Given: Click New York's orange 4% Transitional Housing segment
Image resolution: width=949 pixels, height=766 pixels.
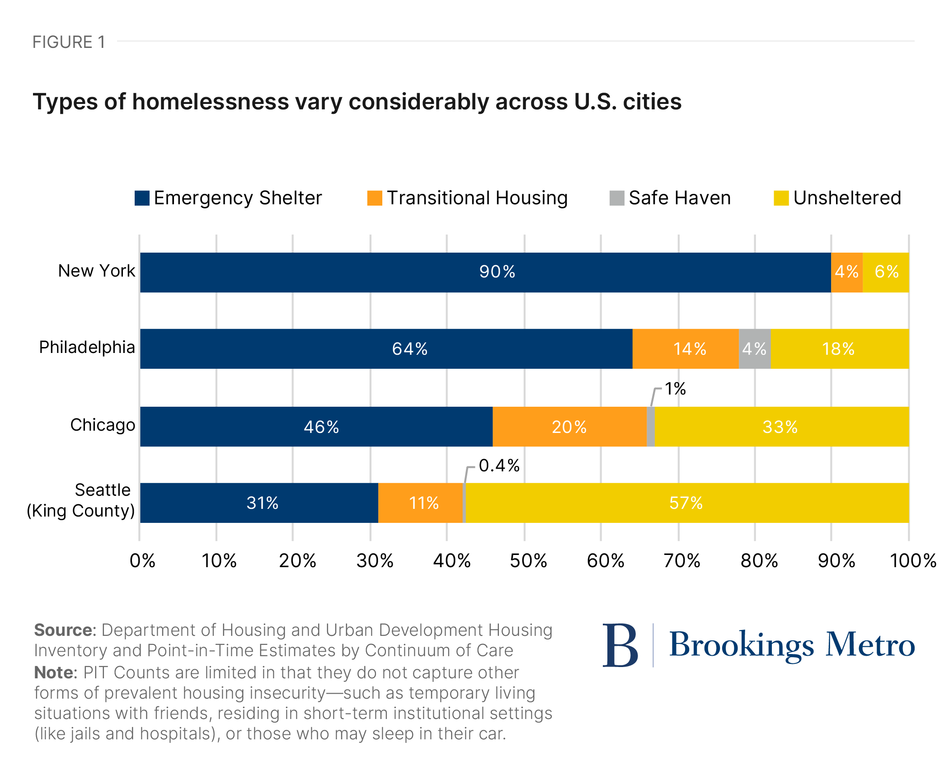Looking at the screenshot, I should point(846,272).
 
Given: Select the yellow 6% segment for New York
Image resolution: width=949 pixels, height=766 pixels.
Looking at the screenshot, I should point(886,272).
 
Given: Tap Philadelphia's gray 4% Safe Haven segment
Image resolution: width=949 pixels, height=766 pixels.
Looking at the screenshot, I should point(754,348).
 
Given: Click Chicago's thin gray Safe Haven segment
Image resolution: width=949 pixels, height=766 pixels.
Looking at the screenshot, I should point(650,426).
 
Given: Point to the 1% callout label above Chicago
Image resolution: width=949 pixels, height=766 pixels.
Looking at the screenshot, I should point(675,389).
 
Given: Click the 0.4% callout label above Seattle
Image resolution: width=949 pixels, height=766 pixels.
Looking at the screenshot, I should point(499,465).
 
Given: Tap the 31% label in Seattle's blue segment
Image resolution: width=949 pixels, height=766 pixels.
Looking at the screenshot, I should point(262,503).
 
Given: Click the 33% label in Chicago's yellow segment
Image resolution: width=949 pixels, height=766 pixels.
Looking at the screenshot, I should point(780,427).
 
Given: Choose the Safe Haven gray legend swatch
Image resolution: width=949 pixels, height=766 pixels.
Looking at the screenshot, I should point(616,198).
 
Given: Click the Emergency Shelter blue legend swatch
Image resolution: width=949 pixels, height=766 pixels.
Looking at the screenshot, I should point(142,198).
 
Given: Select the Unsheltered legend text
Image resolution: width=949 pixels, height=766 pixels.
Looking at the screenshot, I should point(847,198).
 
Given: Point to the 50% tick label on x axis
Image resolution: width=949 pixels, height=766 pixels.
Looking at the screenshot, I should point(528,561).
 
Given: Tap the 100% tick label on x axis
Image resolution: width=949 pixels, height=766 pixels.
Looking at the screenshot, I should point(912,561).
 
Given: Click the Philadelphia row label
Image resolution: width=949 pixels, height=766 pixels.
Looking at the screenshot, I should point(87,347).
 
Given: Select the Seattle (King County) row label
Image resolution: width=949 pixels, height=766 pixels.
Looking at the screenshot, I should point(81,500).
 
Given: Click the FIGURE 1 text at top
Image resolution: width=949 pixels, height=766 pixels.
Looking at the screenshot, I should point(69,42).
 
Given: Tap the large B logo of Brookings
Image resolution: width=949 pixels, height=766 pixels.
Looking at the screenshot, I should point(620,645).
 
